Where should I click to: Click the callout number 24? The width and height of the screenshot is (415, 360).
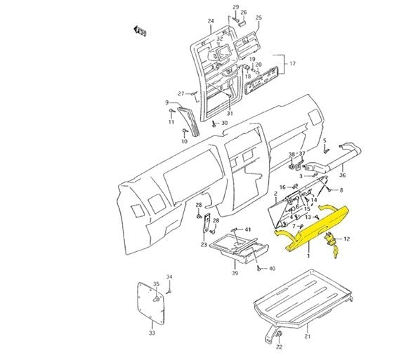210,20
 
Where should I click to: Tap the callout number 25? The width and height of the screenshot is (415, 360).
258,17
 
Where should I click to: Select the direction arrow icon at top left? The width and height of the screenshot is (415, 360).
140,29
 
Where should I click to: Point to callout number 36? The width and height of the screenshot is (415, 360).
342,175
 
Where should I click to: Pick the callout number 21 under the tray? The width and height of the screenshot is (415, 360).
306,337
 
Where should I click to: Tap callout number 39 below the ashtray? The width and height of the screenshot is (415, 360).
236,273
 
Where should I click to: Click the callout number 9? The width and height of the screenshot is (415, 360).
167,102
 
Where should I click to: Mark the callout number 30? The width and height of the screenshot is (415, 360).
224,124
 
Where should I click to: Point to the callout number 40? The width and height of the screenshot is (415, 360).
272,269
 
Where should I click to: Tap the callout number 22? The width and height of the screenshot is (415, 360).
279,347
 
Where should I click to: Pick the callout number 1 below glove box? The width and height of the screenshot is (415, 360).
308,257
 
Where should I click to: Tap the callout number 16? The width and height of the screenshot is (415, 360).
282,187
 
